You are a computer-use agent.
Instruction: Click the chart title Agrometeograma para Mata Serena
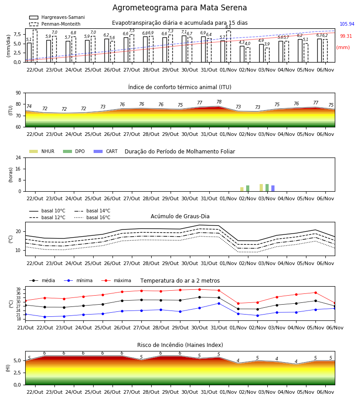point(180,8)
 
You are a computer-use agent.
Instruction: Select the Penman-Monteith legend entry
point(55,24)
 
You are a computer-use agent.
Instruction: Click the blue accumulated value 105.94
point(347,24)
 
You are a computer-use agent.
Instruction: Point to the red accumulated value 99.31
point(346,36)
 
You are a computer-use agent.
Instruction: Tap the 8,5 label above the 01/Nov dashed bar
point(228,27)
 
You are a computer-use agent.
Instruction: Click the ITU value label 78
point(219,102)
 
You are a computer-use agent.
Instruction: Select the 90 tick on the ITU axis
point(18,93)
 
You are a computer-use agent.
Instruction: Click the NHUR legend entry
point(42,151)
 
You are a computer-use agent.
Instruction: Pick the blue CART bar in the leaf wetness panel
point(273,188)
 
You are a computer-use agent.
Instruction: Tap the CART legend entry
point(106,151)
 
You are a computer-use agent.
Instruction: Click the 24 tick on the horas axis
point(18,157)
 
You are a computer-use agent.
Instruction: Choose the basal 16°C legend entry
point(92,217)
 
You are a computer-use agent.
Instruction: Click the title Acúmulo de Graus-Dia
point(180,216)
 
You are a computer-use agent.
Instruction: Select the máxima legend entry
point(116,280)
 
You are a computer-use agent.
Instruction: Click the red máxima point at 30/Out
point(200,289)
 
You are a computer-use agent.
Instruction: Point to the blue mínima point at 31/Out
point(219,303)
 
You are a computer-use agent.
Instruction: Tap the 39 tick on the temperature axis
point(18,289)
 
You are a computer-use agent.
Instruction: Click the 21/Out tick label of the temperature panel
point(25,328)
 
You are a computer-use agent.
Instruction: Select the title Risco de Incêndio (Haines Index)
point(180,345)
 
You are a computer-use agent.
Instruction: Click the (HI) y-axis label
point(8,368)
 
